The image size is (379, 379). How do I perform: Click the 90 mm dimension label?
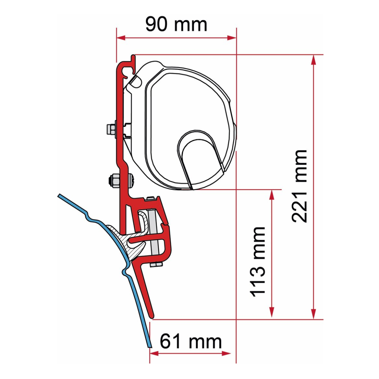176,24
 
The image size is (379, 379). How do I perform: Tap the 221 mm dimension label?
299,186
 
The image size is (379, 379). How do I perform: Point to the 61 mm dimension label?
190,341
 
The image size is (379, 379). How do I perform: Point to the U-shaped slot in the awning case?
198,158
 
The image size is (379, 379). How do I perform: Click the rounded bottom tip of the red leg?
152,315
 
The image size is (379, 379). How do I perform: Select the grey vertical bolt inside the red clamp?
153,237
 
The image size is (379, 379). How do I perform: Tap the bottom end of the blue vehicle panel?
148,345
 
